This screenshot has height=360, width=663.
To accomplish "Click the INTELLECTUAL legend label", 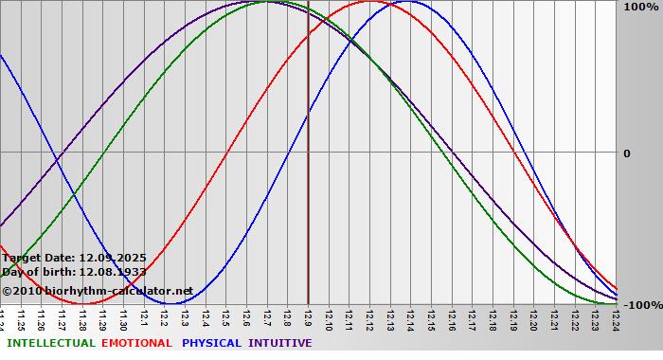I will click(50, 343).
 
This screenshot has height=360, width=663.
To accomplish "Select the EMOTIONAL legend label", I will click(136, 343).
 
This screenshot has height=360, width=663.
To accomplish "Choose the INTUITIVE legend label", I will click(279, 343).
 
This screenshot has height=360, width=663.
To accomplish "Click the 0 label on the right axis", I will click(626, 153).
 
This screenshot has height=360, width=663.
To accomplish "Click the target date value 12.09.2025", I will click(113, 257).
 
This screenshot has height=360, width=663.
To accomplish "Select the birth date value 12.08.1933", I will click(114, 272).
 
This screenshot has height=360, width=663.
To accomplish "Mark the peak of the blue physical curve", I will click(409, 2).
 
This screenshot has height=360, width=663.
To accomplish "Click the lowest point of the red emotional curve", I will click(83, 303).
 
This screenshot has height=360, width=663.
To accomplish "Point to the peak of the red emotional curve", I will click(368, 2).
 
